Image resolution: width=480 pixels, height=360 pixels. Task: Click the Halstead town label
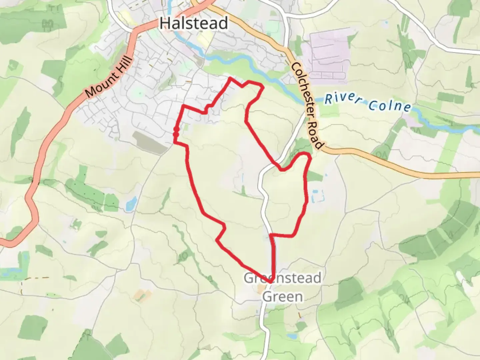pyautogui.click(x=194, y=23)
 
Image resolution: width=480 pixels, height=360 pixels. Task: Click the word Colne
pyautogui.click(x=389, y=106)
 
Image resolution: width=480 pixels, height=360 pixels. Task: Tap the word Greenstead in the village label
pyautogui.click(x=282, y=278)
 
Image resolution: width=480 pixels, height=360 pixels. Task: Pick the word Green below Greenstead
pyautogui.click(x=282, y=296)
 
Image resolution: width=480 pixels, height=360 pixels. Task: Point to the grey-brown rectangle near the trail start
pyautogui.click(x=150, y=142)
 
